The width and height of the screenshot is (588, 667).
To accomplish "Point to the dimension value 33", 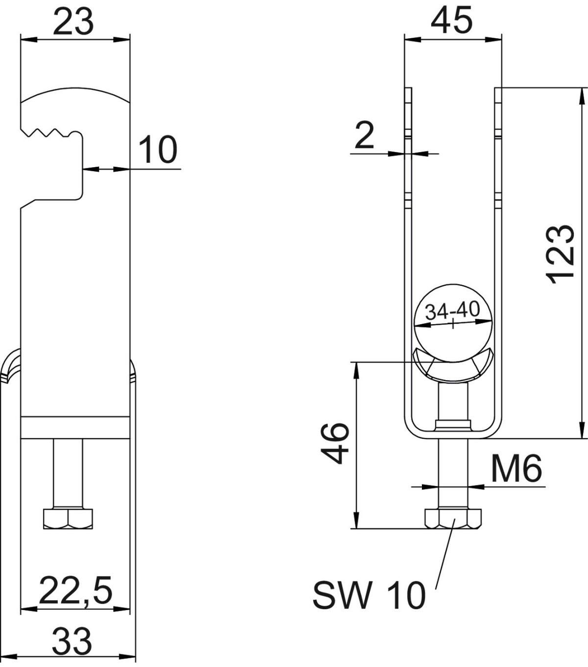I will (x=72, y=641).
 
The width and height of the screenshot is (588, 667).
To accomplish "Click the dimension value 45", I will (x=451, y=21).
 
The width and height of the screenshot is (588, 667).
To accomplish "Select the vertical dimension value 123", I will (x=560, y=254).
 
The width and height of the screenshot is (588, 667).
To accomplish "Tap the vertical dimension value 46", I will (x=337, y=443).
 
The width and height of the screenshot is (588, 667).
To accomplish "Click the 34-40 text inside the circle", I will (x=452, y=310).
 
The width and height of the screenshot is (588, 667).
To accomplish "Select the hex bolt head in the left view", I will (x=68, y=518).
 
